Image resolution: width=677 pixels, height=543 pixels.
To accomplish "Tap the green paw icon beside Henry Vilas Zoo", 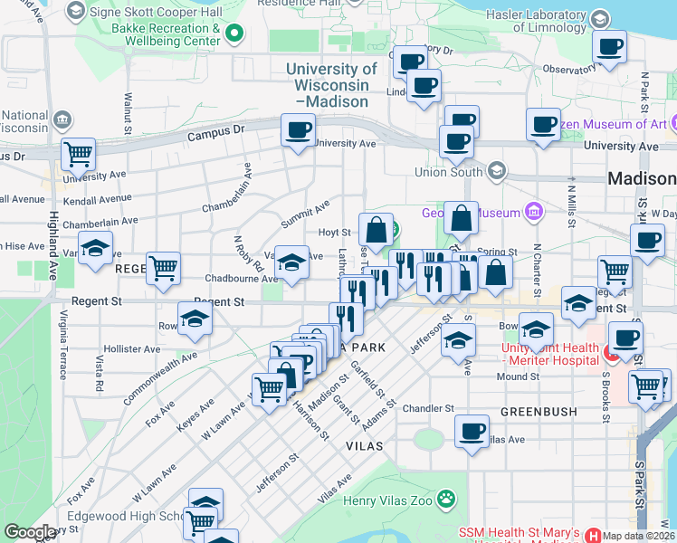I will point(445,498).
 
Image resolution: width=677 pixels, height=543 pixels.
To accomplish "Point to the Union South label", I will point(449,171).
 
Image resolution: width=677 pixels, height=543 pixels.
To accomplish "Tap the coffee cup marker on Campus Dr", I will point(298,130).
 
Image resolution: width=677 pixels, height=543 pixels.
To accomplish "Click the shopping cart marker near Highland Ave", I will point(79,154).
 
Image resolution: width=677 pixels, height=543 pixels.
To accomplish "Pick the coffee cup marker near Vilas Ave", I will point(471,431).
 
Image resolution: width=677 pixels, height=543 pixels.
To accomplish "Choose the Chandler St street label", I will point(428,408).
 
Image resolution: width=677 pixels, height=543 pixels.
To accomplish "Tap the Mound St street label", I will point(518,376).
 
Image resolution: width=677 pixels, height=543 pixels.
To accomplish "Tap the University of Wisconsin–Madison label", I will point(331,85).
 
